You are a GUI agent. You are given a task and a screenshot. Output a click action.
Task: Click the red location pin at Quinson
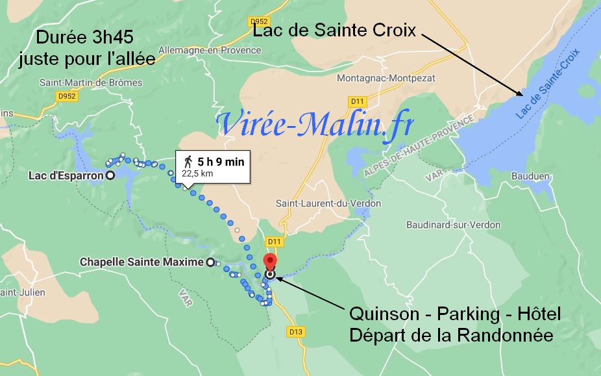click(270, 261)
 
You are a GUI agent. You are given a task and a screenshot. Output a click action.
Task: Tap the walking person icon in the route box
click(188, 162)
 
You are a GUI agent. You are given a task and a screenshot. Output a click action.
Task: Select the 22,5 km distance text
click(197, 173)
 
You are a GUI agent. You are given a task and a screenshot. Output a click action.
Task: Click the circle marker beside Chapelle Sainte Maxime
click(210, 262)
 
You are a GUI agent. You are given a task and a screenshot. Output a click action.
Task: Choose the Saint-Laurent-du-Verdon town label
click(328, 203)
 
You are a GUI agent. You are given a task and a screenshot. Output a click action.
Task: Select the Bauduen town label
click(531, 176)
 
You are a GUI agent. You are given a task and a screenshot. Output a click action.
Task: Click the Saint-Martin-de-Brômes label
click(91, 82)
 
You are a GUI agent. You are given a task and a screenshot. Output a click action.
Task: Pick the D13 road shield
click(295, 331)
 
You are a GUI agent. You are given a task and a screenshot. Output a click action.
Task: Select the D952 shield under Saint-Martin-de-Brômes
click(66, 96)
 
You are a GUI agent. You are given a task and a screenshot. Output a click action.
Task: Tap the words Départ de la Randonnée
click(450, 336)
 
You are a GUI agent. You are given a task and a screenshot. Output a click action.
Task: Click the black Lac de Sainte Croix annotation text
click(334, 31)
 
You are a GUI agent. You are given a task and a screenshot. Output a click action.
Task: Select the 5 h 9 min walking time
click(221, 162)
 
